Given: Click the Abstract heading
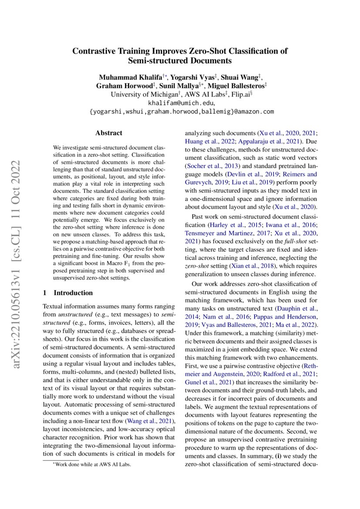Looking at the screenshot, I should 109,133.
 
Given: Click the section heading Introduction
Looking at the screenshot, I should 73,293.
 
